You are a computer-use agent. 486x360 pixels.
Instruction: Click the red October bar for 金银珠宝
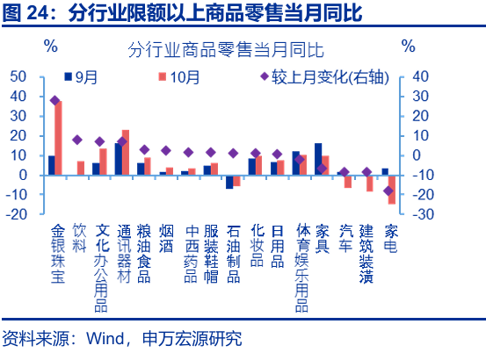tap(58, 138)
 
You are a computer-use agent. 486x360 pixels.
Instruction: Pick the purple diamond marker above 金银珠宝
tap(54, 101)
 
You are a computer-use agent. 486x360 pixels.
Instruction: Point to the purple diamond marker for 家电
tap(388, 191)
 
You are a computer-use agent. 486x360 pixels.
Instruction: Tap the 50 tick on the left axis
tap(19, 76)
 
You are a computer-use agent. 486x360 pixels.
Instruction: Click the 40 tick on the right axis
tap(420, 76)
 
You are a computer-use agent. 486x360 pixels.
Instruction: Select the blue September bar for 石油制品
tap(229, 182)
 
